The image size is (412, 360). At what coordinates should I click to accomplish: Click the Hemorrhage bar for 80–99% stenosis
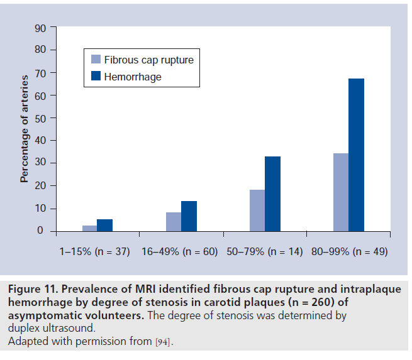pyautogui.click(x=356, y=155)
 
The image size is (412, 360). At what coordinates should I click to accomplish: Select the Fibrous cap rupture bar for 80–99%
pyautogui.click(x=340, y=192)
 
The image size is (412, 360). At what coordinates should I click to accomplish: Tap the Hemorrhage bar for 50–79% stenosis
pyautogui.click(x=272, y=194)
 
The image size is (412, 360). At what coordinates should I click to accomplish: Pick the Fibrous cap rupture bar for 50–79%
pyautogui.click(x=257, y=210)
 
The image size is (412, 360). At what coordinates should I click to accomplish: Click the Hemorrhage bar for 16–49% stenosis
pyautogui.click(x=189, y=216)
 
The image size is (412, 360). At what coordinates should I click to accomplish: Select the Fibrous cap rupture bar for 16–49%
pyautogui.click(x=174, y=222)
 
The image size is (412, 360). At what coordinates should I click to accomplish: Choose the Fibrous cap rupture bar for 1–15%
pyautogui.click(x=89, y=228)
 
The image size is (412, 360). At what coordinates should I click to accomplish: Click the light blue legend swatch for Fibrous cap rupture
pyautogui.click(x=96, y=60)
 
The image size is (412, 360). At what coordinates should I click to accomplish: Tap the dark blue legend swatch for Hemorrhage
pyautogui.click(x=96, y=77)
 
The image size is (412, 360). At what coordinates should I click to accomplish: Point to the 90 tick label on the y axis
pyautogui.click(x=39, y=28)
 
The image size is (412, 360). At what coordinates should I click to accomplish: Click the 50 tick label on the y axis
pyautogui.click(x=39, y=118)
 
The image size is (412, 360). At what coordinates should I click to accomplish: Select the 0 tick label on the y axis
pyautogui.click(x=42, y=231)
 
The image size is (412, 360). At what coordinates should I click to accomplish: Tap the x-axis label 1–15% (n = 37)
pyautogui.click(x=94, y=251)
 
